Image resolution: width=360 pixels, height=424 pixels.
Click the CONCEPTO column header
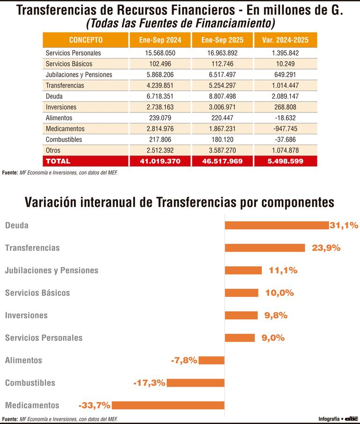[x=86, y=40]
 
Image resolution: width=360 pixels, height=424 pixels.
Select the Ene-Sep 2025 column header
[x=222, y=40]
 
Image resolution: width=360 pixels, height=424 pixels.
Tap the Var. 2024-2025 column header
[x=285, y=40]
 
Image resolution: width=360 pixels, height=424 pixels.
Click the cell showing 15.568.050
[x=160, y=53]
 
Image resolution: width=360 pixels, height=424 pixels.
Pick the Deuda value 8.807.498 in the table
[x=222, y=96]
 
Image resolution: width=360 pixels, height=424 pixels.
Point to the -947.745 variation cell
[x=285, y=129]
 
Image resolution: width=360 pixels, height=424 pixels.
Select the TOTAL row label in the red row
[x=58, y=161]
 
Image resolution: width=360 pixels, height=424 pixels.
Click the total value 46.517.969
[x=222, y=161]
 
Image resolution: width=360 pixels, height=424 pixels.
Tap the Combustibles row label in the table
[x=64, y=139]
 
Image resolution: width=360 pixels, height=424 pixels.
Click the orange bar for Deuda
[x=277, y=226]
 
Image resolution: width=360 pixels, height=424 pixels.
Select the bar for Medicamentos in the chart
[x=168, y=405]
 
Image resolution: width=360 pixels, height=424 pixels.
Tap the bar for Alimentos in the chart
[x=211, y=360]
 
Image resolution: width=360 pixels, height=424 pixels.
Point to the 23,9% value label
[x=326, y=248]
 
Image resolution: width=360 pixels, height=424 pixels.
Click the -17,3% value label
[x=149, y=383]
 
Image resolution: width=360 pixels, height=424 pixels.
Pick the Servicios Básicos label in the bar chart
[x=37, y=293]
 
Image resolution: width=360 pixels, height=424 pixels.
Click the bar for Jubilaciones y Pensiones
[x=243, y=270]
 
